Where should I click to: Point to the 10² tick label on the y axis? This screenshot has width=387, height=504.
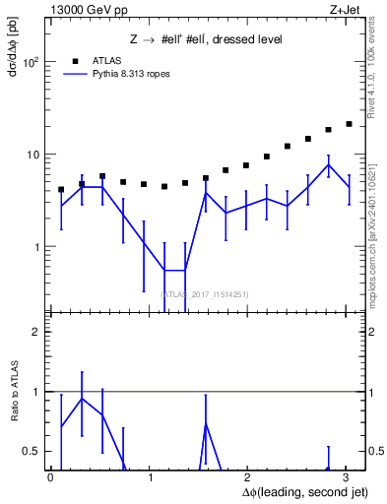31,62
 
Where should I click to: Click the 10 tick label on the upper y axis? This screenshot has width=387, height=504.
32,155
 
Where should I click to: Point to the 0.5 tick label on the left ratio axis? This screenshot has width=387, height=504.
32,452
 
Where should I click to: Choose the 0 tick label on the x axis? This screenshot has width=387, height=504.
50,477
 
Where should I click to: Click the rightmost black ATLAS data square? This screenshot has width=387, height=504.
349,124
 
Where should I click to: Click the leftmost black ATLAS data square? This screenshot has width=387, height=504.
61,189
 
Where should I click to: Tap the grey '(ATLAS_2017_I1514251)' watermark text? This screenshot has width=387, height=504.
205,293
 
